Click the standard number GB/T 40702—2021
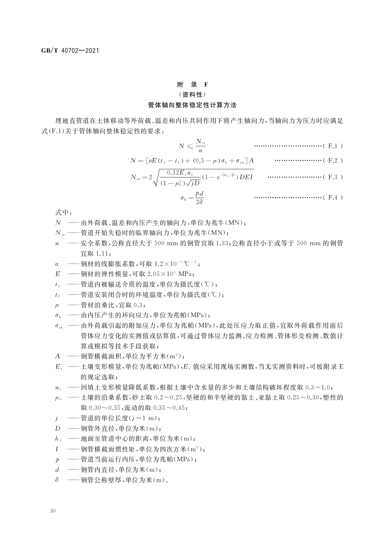click(70, 51)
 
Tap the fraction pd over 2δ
click(200, 198)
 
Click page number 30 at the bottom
click(53, 511)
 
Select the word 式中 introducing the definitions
click(62, 213)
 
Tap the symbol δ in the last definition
click(57, 480)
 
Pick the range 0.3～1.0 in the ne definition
click(317, 387)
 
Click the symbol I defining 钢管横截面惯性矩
click(57, 449)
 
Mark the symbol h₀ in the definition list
click(58, 439)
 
